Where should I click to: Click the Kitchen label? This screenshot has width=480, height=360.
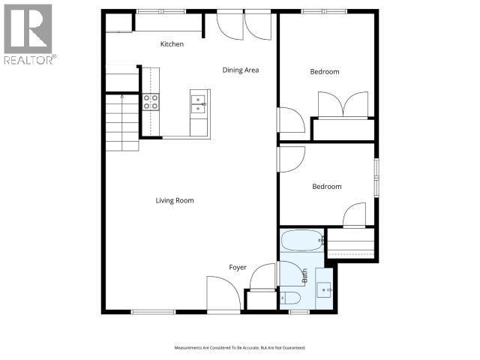(172, 44)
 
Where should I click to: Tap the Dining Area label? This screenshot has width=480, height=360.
(241, 70)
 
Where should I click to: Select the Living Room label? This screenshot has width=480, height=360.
(175, 200)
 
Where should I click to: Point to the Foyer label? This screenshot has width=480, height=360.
(238, 267)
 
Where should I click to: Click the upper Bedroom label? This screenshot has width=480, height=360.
(325, 72)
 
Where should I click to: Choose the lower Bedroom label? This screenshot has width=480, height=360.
(327, 187)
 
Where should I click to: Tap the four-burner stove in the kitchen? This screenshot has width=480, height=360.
(151, 102)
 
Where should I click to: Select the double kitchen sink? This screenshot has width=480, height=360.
(199, 103)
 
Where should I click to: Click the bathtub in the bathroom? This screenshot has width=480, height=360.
(302, 241)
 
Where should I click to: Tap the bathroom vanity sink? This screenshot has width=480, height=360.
(325, 287)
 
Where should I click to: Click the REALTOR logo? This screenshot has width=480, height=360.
(28, 34)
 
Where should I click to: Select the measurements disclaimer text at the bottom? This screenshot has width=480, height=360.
(240, 348)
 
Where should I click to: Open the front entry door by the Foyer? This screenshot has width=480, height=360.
(223, 294)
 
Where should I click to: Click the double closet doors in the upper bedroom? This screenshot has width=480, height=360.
(343, 104)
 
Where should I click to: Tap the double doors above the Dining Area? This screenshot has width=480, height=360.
(244, 25)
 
